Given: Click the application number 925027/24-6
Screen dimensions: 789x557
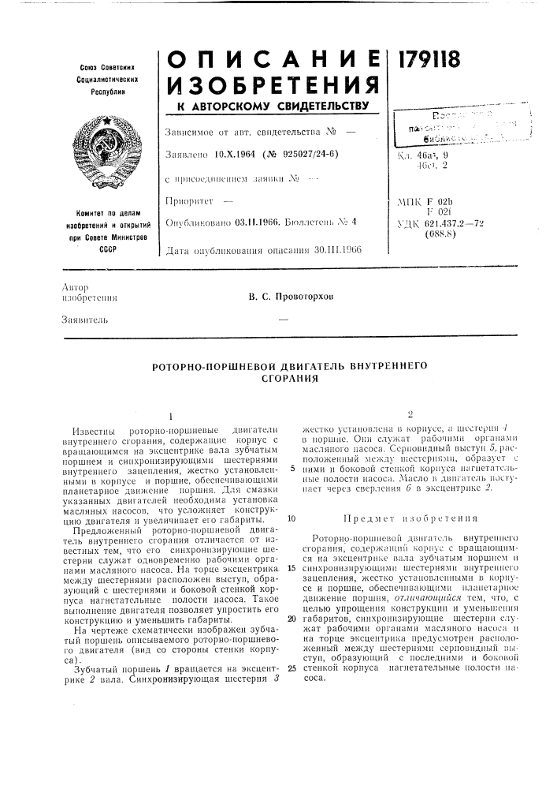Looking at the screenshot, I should [x=306, y=153].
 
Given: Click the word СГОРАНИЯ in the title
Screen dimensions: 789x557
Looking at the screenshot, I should [x=278, y=379].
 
